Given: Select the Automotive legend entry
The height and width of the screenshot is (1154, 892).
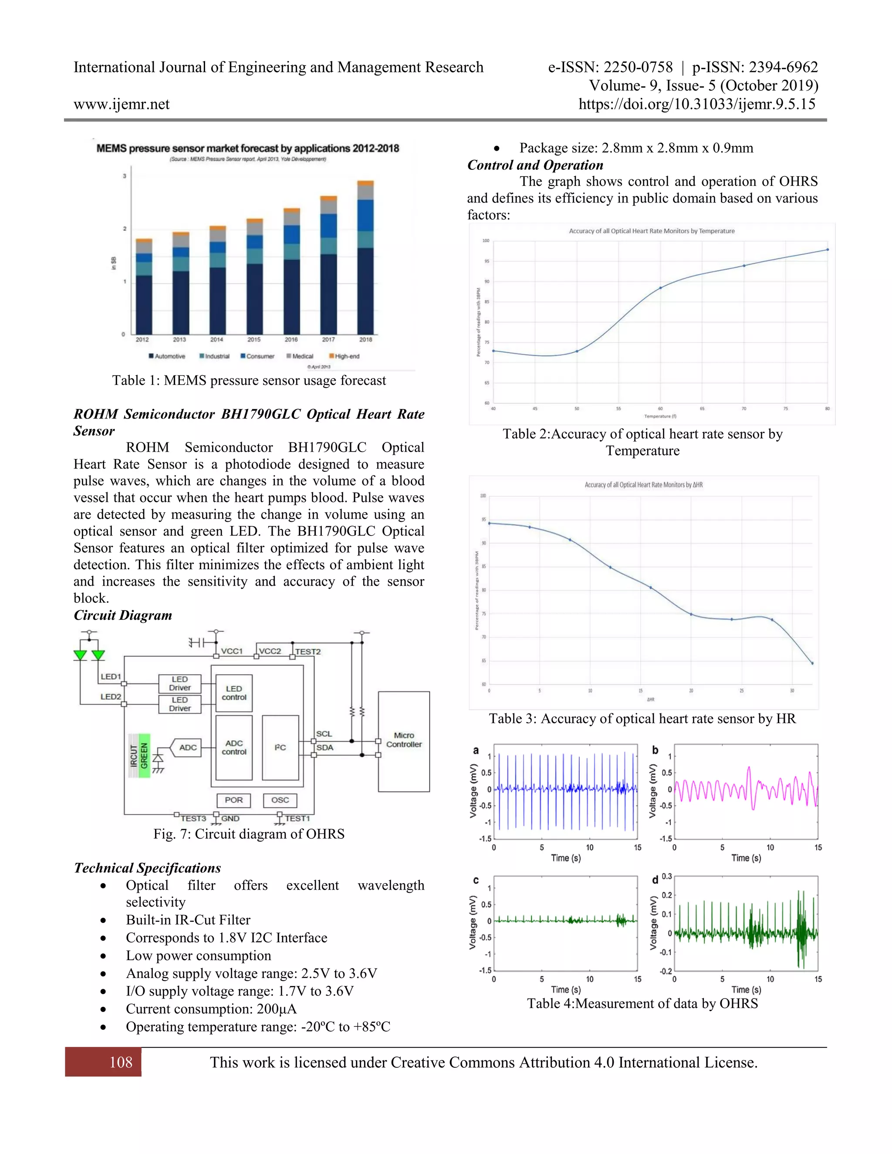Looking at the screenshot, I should pyautogui.click(x=168, y=356).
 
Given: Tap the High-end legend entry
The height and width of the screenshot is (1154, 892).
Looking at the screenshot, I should pyautogui.click(x=345, y=356).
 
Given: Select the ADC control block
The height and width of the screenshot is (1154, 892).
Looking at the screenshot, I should pyautogui.click(x=234, y=747).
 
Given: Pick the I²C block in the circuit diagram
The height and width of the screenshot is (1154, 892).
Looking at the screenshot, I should pyautogui.click(x=280, y=747).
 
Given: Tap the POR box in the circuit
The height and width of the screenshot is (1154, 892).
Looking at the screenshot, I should pyautogui.click(x=233, y=800).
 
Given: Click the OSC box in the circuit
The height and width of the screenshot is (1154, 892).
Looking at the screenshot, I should pyautogui.click(x=280, y=800).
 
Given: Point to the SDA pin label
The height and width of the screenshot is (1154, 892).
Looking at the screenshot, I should pyautogui.click(x=324, y=747).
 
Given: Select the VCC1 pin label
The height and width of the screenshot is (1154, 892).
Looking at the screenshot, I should pyautogui.click(x=231, y=651).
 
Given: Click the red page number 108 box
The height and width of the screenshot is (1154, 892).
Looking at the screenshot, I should pyautogui.click(x=104, y=1062).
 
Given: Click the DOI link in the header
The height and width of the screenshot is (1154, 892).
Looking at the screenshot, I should pyautogui.click(x=696, y=104).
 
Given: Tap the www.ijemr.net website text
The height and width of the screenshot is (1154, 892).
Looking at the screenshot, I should pyautogui.click(x=122, y=104).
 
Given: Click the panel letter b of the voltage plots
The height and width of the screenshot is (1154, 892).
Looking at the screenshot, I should pyautogui.click(x=655, y=750).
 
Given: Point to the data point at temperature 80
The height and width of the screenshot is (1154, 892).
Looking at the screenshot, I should pyautogui.click(x=827, y=250).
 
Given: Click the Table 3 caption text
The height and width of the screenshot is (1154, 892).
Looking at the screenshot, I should pyautogui.click(x=642, y=719).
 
